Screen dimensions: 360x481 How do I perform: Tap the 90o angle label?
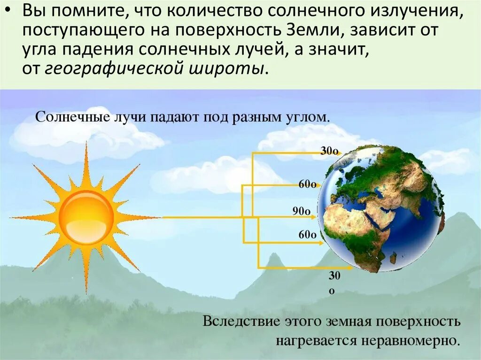click(302, 212)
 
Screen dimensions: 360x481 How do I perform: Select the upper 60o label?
click(307, 184)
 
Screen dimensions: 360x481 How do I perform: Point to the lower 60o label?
click(307, 235)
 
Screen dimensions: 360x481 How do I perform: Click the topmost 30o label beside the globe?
click(329, 151)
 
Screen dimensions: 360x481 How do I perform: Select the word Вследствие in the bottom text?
click(238, 322)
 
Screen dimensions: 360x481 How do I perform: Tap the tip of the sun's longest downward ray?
click(86, 293)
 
